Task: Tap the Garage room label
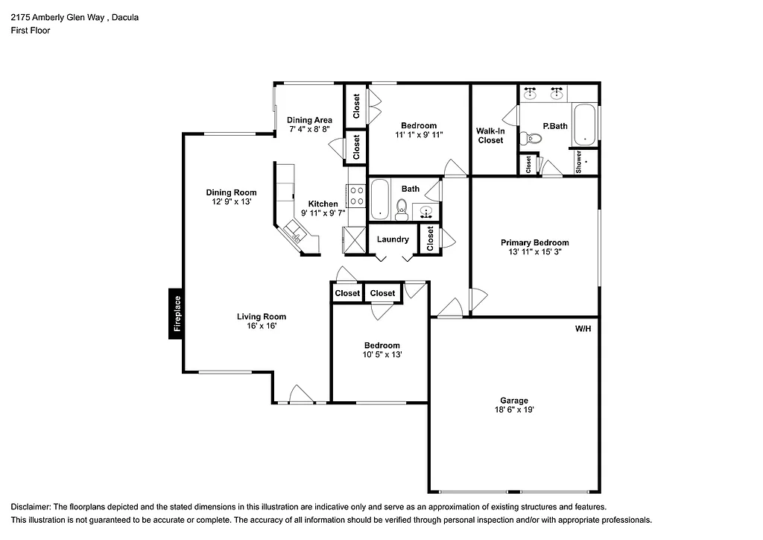(x=514, y=401)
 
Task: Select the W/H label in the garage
(x=583, y=328)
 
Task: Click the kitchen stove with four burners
(x=357, y=195)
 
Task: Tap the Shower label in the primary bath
(x=579, y=162)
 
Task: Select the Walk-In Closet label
(x=490, y=136)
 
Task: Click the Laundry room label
(x=393, y=239)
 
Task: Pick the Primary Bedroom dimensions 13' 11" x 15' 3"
(x=534, y=253)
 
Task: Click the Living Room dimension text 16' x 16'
(x=262, y=326)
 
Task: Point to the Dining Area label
(x=309, y=120)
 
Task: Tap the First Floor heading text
(x=31, y=31)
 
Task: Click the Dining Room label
(x=231, y=192)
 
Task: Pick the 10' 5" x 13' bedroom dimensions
(x=381, y=355)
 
